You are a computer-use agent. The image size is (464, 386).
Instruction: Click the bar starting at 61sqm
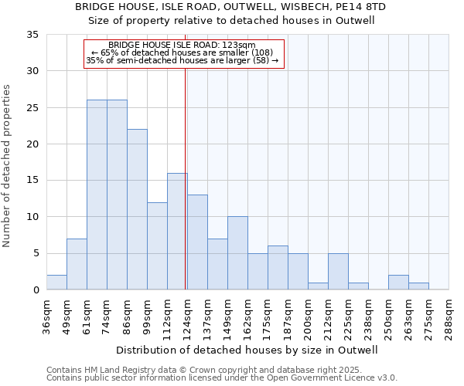tap(97, 195)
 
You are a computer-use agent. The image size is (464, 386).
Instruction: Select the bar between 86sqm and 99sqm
tap(137, 209)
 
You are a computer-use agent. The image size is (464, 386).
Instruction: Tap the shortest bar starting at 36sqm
tap(56, 283)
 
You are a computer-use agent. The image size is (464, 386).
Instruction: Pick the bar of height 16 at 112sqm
tap(177, 232)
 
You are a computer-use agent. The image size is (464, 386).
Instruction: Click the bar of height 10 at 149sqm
tap(237, 253)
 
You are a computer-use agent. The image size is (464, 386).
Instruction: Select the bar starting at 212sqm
tap(338, 272)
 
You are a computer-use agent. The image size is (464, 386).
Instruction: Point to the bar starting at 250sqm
tap(398, 283)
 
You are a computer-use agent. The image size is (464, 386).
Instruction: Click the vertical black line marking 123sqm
tap(186, 178)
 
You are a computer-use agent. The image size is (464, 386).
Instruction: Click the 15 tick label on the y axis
tap(32, 181)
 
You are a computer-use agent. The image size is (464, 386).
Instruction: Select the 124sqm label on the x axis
tap(187, 315)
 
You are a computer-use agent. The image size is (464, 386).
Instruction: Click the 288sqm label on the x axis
tap(449, 315)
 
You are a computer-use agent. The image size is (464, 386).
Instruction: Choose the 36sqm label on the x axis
tap(46, 315)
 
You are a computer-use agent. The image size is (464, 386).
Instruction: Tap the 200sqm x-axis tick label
tap(308, 315)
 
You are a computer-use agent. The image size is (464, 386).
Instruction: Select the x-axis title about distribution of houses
tap(247, 350)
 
